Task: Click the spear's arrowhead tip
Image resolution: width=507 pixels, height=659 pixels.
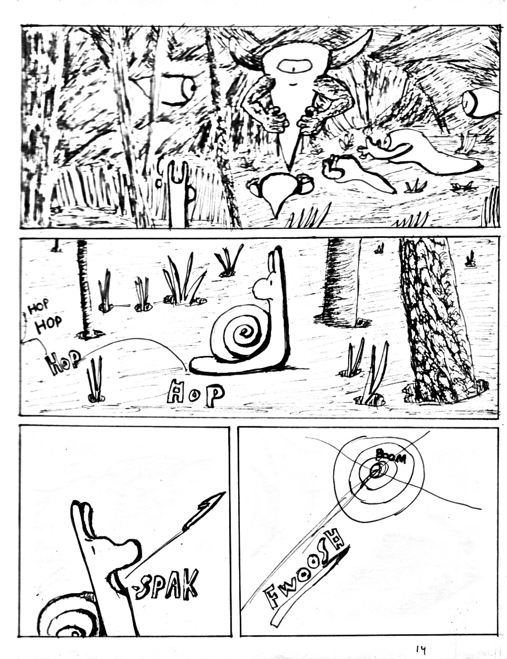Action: coord(225,492)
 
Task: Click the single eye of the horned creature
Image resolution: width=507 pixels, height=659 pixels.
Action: coord(293,69)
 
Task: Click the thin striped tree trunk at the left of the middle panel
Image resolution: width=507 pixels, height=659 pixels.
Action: coord(86,288)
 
